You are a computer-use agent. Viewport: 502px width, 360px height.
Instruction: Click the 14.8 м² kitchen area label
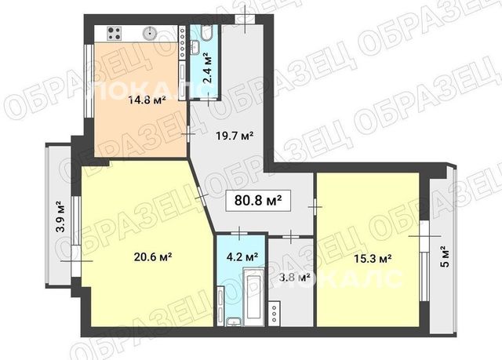coord(147,100)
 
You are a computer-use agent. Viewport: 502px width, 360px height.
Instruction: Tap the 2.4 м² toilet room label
coord(208,69)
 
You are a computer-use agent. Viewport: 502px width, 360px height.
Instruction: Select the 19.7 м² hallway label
coord(235,136)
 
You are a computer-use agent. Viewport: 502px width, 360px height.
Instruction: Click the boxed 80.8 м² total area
coord(258,201)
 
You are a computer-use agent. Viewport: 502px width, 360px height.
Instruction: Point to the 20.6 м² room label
coord(153,256)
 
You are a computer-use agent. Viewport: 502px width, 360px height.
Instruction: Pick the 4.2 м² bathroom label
coord(242,256)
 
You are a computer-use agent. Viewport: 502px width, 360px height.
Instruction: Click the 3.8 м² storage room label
coord(295,277)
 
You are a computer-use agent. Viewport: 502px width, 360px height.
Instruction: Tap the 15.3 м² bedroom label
coord(373,258)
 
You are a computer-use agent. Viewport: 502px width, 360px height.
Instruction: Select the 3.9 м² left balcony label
coord(60,216)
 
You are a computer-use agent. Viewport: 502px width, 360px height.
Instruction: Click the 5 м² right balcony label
coord(445,256)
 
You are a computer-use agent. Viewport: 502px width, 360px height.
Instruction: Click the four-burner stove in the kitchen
coord(115,33)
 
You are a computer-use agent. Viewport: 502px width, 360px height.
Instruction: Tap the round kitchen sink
coord(150,33)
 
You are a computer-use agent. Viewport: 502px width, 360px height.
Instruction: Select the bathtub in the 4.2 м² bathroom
coord(254,297)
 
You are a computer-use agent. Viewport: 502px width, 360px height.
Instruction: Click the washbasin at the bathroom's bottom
coord(235,322)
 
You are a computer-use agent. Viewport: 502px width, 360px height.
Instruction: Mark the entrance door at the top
coord(245,19)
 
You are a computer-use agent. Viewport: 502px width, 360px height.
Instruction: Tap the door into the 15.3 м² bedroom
coord(315,207)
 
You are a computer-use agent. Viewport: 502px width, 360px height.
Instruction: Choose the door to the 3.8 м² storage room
coord(291,237)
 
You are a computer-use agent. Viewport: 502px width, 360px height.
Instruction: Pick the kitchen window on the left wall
coord(88,80)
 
